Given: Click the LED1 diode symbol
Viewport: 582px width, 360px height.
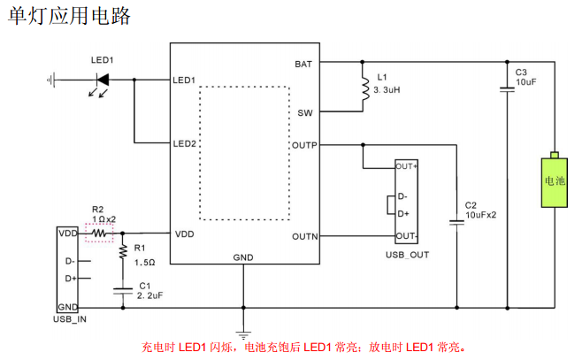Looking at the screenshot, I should (x=103, y=80).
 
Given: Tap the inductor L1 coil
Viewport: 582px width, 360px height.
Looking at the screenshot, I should (x=364, y=88).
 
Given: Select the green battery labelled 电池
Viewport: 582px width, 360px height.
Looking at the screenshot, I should (x=554, y=184).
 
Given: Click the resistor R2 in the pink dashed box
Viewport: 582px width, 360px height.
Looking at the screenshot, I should (x=100, y=234).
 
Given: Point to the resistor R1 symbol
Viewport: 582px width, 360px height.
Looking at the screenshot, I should (x=122, y=252).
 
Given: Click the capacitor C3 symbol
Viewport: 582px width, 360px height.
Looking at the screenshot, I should (x=507, y=88).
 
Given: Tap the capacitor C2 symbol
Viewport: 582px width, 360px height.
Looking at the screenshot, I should (x=457, y=222).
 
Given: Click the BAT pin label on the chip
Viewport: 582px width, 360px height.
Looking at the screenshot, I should (x=303, y=64).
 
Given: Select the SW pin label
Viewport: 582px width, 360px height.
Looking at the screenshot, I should (x=305, y=112).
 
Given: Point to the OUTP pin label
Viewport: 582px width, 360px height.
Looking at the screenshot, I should (x=302, y=144).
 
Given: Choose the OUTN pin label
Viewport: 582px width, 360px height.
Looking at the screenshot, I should (x=302, y=236).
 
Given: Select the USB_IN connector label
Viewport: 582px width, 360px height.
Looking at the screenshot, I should (x=72, y=318).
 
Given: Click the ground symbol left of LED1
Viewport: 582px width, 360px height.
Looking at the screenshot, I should (x=50, y=80).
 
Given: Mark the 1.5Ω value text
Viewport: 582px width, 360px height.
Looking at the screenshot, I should (x=145, y=263).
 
